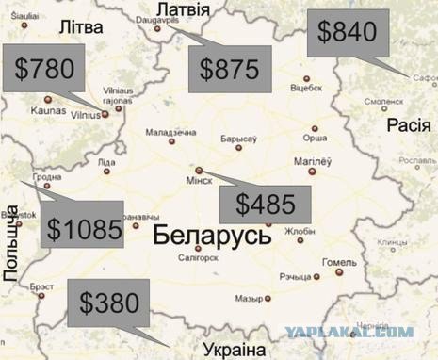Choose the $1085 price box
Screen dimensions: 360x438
click(x=83, y=227)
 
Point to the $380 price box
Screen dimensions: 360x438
click(x=109, y=303)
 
